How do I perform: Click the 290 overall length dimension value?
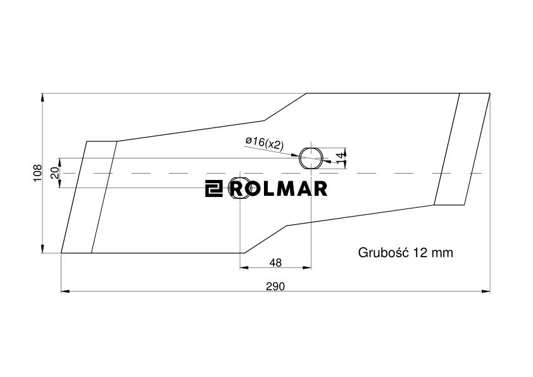(275, 286)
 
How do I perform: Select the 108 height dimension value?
(37, 173)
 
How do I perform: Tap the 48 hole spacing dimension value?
(275, 262)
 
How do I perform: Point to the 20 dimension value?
(54, 173)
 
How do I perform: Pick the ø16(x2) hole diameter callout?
(264, 144)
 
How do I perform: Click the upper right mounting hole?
(311, 157)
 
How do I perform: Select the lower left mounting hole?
(240, 188)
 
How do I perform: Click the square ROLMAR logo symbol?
(213, 188)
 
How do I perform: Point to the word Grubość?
(384, 253)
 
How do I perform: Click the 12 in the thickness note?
(421, 253)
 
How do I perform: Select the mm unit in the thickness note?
(442, 253)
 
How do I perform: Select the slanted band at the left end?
(89, 197)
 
